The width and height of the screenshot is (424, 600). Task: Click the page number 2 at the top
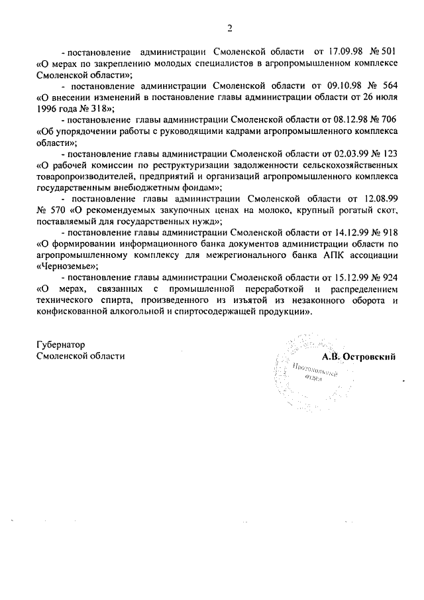coord(230,28)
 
